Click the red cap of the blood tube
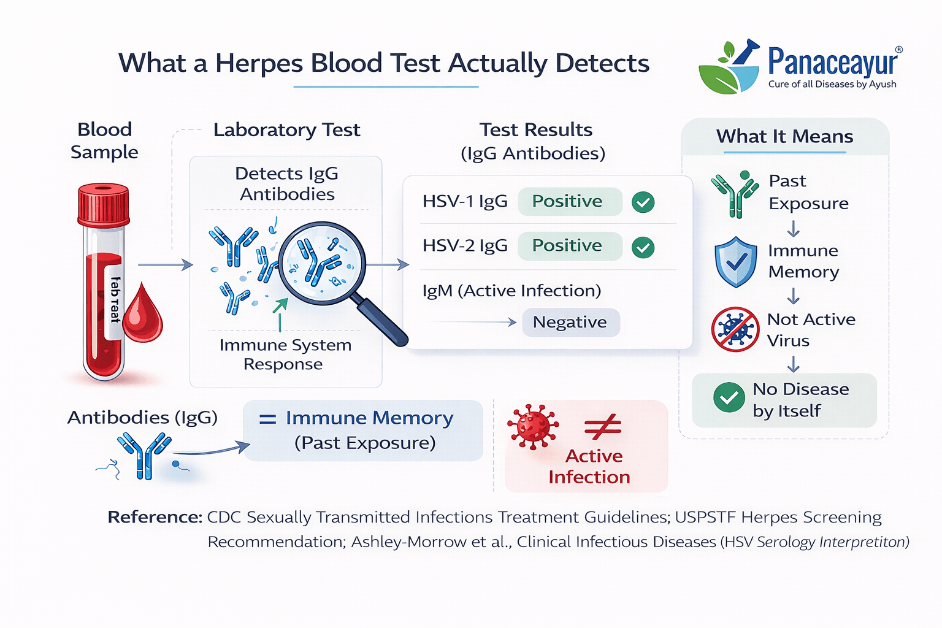tap(104, 204)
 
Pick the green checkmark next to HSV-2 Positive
tap(643, 247)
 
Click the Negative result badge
tap(570, 323)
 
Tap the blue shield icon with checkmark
tap(736, 262)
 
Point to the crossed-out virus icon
tap(735, 329)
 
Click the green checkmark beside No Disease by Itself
tap(729, 398)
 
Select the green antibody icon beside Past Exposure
tap(735, 194)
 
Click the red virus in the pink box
tap(532, 427)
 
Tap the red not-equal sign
tap(603, 427)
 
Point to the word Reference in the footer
tap(155, 518)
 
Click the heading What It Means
tap(784, 136)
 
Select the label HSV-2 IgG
tap(465, 246)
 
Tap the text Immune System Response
tap(285, 354)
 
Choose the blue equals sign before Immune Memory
tap(267, 419)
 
